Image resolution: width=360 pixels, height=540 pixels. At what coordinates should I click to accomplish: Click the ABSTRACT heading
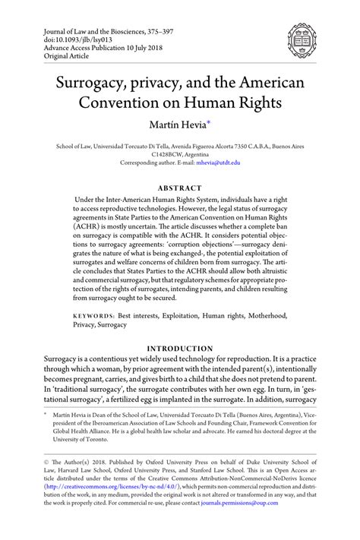[180, 188]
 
